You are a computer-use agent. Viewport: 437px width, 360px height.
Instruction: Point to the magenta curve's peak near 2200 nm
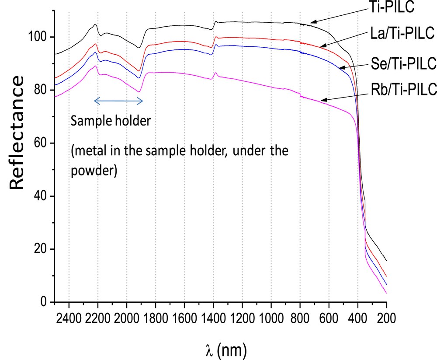coord(95,66)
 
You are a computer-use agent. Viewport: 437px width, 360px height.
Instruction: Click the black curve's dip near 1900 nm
coord(139,48)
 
